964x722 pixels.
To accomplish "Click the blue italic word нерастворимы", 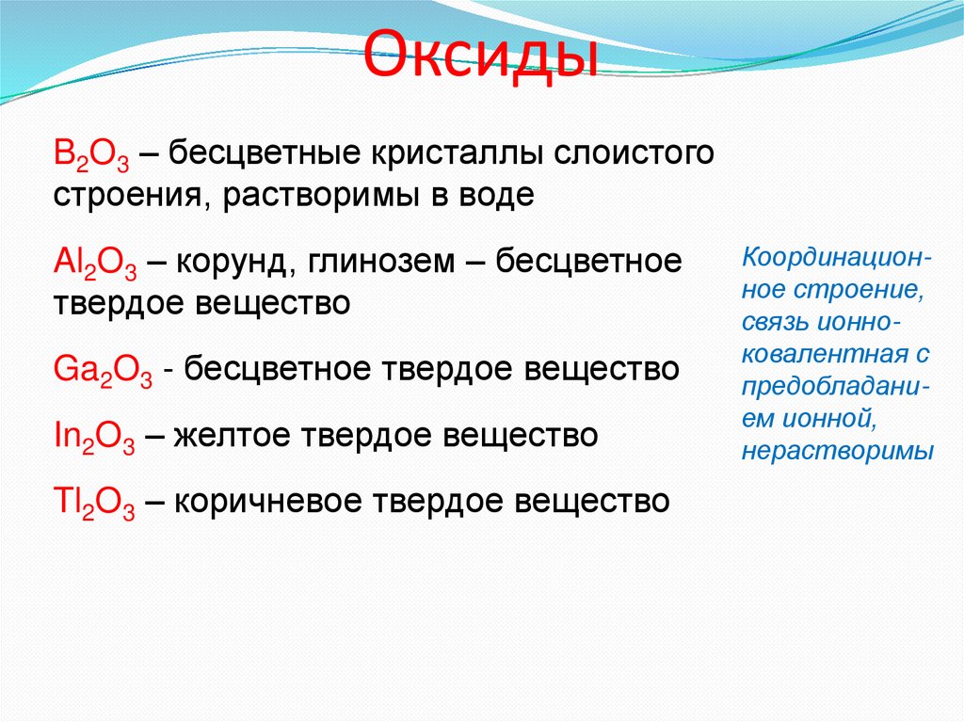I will (x=837, y=452).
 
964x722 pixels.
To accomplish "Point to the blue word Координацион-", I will (x=838, y=256).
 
